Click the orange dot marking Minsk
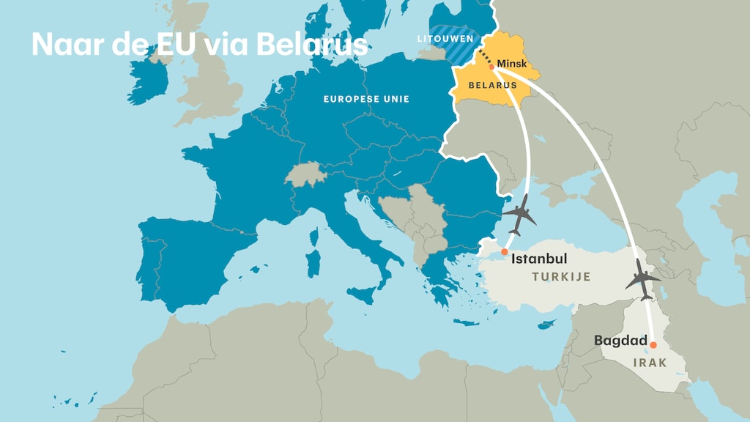491,67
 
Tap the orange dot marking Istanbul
504,252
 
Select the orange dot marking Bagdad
653,345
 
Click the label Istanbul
539,259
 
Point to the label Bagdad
620,341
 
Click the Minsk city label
512,64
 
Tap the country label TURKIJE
561,277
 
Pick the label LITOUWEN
445,38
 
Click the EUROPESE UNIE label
366,99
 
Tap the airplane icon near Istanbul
519,214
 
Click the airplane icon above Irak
642,280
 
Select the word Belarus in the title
311,45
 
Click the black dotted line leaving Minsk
484,59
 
